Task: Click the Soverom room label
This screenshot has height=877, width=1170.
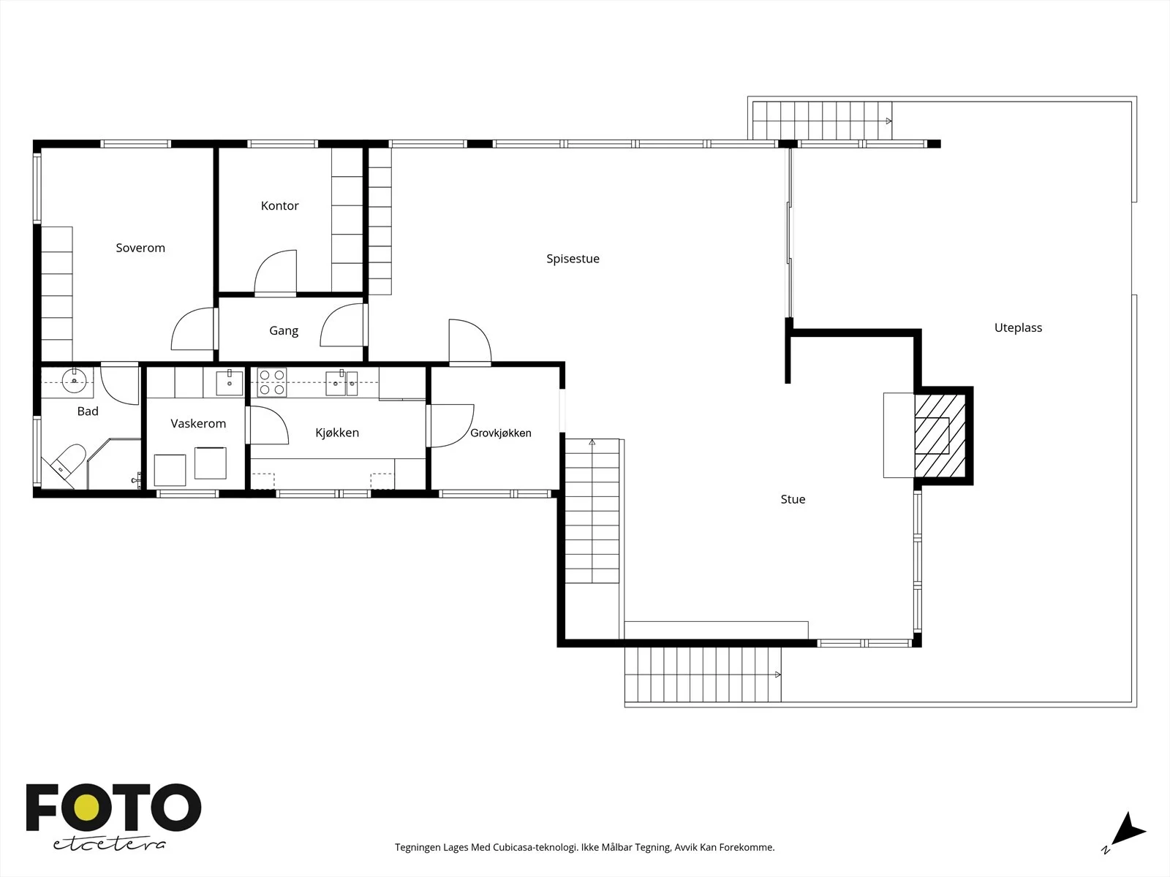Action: click(x=140, y=248)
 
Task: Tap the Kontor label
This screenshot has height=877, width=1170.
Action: click(x=279, y=205)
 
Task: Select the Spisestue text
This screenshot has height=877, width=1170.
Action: click(x=573, y=259)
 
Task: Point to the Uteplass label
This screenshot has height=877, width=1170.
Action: click(x=1018, y=327)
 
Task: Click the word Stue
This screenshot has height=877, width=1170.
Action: click(x=793, y=499)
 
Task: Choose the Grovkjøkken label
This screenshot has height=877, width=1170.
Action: click(x=500, y=433)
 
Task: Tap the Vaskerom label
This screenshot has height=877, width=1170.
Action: click(x=198, y=423)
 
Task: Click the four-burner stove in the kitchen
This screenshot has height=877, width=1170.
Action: click(x=272, y=382)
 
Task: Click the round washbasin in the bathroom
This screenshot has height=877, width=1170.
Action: click(x=74, y=380)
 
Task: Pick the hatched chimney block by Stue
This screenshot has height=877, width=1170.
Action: click(x=941, y=436)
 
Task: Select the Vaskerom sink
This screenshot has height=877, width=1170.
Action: click(x=229, y=383)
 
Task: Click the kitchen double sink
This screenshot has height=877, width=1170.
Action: click(x=341, y=383)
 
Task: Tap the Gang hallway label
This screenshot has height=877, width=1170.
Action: click(x=284, y=330)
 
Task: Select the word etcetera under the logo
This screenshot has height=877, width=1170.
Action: click(x=109, y=843)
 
